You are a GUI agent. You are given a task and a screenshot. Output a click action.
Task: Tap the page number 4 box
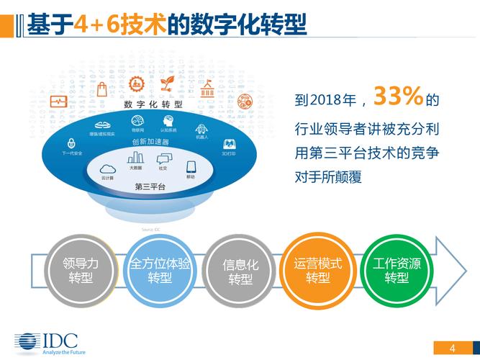(452, 349)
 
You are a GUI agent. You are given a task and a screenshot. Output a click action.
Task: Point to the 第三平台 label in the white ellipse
(150, 186)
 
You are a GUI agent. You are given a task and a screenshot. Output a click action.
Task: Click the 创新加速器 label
(150, 142)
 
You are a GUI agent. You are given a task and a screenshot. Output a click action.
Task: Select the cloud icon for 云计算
(107, 169)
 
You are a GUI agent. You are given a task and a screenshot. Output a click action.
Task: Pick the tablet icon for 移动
(191, 168)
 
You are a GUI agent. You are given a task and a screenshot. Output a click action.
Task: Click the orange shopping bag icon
(102, 89)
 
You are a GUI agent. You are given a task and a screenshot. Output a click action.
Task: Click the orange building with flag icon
(208, 90)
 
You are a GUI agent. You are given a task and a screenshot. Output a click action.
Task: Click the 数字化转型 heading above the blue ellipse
(153, 104)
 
